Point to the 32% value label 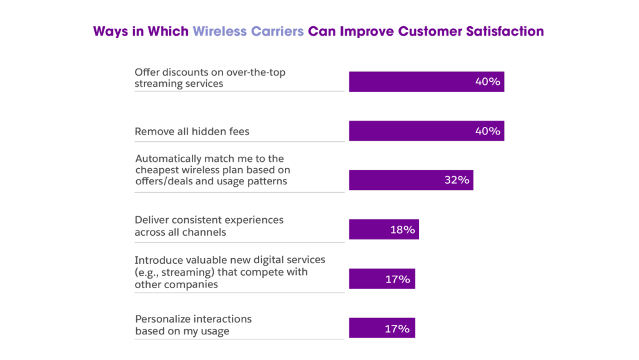(x=457, y=180)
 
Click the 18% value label (x=403, y=229)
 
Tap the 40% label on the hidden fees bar (x=487, y=131)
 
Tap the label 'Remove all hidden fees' (x=192, y=132)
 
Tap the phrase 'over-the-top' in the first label (x=257, y=72)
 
